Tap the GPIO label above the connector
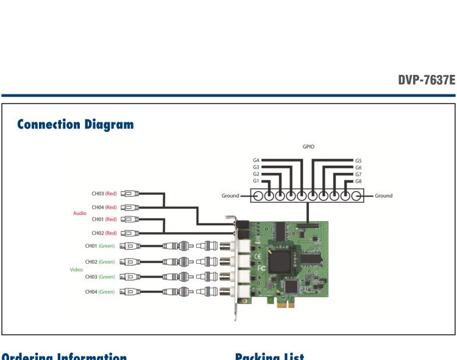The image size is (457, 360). tap(308, 147)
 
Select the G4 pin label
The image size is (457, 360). tap(257, 160)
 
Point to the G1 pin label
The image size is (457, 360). tap(257, 180)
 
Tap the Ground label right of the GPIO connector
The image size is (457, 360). tap(383, 196)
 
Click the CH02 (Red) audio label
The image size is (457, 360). tap(104, 233)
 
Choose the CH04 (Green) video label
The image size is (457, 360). tap(100, 291)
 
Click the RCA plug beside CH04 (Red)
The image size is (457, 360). tap(130, 208)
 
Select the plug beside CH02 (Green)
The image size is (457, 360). tap(129, 261)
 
